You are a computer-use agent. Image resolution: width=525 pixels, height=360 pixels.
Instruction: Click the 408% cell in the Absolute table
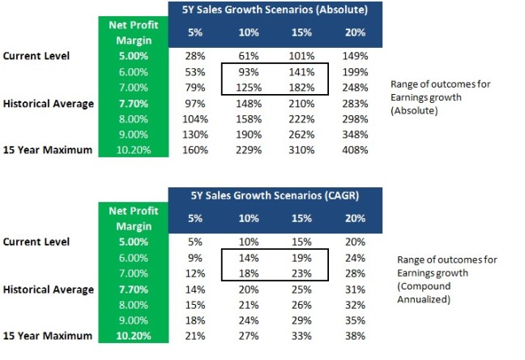coord(355,150)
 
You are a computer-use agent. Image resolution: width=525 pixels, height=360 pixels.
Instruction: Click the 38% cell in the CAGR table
coord(356,336)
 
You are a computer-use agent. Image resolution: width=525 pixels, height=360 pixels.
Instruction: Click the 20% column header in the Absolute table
coord(355,33)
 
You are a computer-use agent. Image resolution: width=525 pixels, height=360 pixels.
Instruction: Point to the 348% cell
coord(355,135)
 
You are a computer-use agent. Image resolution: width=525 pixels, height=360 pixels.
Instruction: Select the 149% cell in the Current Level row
coord(355,56)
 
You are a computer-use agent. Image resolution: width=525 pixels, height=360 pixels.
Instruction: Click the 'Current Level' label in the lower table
coord(36,242)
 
